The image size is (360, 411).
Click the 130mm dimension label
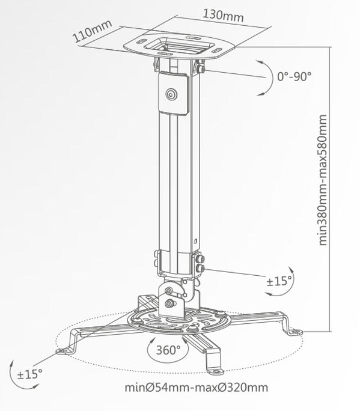(224, 16)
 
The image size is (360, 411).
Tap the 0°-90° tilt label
(294, 76)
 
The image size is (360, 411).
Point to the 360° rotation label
(169, 350)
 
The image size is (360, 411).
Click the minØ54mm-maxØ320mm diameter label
(196, 388)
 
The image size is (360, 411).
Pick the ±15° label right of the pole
(279, 281)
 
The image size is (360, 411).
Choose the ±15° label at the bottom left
(30, 374)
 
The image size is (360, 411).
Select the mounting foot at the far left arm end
(63, 351)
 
